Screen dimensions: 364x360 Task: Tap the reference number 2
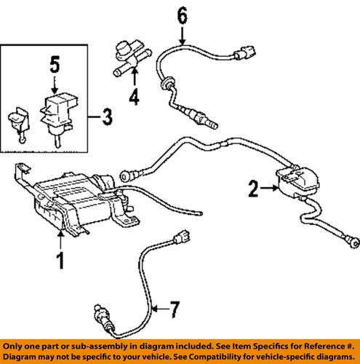(254, 191)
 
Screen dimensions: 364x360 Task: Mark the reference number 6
(181, 15)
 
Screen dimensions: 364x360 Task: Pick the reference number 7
(173, 312)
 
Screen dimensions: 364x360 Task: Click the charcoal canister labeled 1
(73, 200)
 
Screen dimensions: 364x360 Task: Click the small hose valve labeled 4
(129, 60)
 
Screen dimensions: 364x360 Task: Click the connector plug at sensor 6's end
(244, 54)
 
